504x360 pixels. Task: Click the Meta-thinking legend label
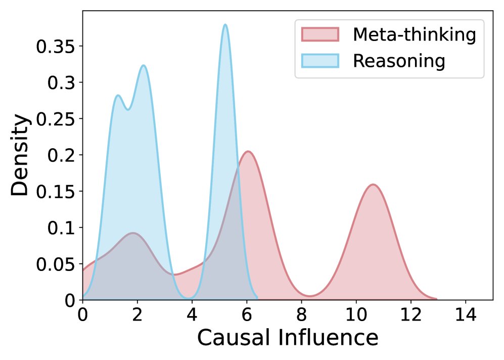pos(414,35)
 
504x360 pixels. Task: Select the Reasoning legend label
pos(399,61)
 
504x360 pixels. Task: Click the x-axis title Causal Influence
pos(287,338)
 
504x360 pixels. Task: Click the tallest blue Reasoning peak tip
pos(225,24)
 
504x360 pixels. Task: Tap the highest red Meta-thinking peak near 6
pos(248,151)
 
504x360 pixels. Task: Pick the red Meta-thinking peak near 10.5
pos(373,185)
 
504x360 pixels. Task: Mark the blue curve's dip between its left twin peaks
pos(128,109)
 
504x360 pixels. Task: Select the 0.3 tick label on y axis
pos(60,83)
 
